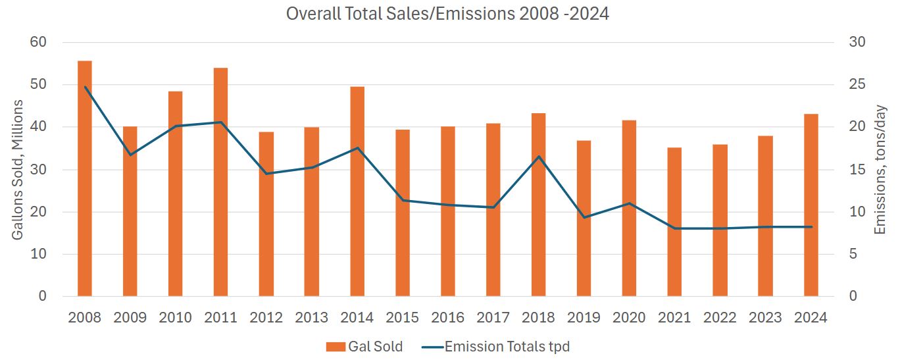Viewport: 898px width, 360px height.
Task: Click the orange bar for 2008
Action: click(x=85, y=178)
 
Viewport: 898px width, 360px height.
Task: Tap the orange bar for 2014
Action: click(x=357, y=192)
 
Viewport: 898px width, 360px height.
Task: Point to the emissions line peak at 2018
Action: click(x=539, y=157)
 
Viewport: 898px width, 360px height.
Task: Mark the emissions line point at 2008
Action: click(x=85, y=87)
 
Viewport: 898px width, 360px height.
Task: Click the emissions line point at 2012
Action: click(x=266, y=174)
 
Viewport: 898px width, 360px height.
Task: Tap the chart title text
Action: click(x=447, y=13)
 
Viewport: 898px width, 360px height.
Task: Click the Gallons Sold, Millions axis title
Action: click(x=18, y=169)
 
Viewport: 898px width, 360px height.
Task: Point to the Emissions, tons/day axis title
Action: click(x=880, y=169)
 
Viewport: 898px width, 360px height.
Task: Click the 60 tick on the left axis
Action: click(x=38, y=42)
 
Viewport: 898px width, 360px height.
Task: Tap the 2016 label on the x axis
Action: click(x=448, y=317)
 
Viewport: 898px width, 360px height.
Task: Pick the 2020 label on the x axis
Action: click(x=629, y=317)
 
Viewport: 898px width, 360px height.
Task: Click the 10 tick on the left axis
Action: click(x=38, y=254)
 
